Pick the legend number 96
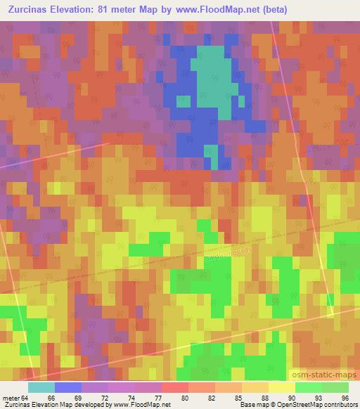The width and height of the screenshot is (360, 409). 345,397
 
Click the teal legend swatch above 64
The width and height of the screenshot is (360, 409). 41,387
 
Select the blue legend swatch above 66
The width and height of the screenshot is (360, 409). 68,387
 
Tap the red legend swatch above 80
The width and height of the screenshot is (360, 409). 174,387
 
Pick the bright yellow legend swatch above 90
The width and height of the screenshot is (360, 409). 281,387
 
